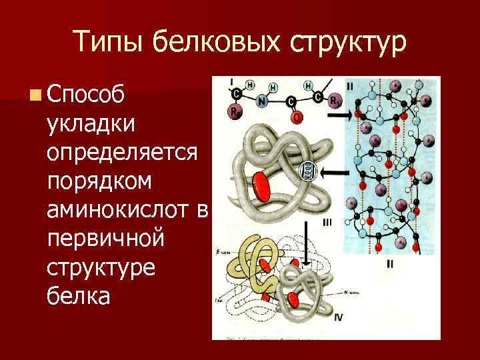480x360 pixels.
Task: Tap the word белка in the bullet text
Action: (x=78, y=295)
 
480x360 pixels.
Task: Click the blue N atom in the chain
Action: (x=263, y=102)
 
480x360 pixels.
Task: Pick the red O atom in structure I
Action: (x=297, y=117)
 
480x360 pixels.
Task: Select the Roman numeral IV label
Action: (x=338, y=317)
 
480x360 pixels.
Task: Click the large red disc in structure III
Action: (x=261, y=185)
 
